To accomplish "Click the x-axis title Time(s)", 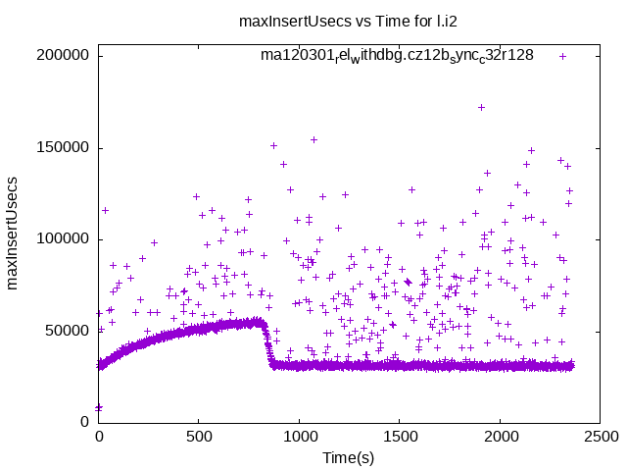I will pos(350,457).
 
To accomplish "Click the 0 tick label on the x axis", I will pos(99,435).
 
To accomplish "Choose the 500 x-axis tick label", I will pos(199,435).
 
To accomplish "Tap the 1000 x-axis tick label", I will pos(300,435).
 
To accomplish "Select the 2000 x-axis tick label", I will pos(501,435).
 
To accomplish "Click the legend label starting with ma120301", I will pos(397,56).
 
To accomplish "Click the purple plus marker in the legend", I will pos(562,56).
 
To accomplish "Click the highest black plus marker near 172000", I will pos(481,107).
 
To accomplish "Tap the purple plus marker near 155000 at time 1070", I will pos(313,139).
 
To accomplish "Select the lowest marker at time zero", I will pos(99,406).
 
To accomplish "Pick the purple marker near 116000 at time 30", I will pos(105,210).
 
